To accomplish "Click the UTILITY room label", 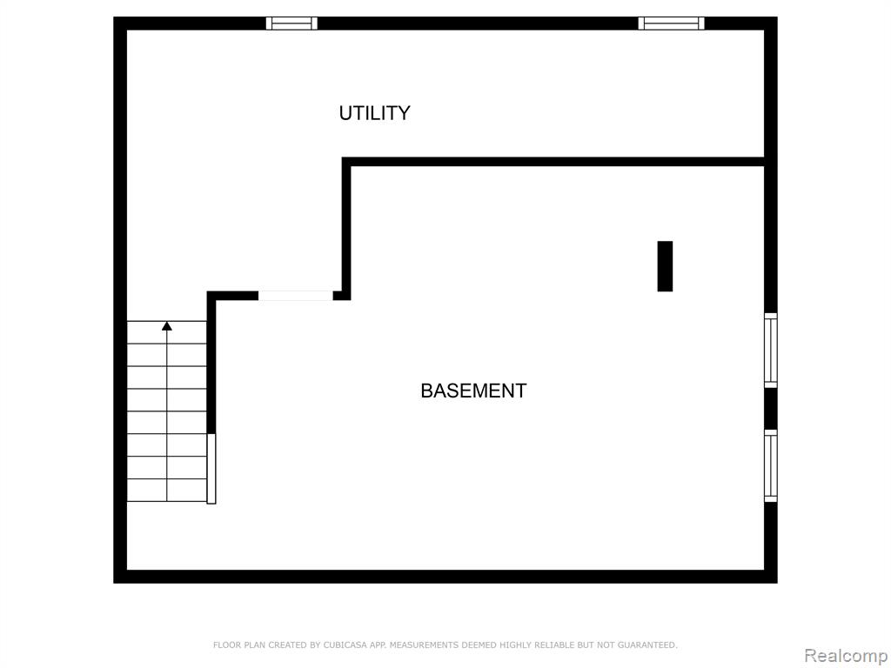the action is [374, 113].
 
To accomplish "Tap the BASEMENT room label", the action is [473, 391].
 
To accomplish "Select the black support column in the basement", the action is [665, 266].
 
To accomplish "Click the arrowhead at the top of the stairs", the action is [166, 326].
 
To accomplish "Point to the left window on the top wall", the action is [291, 23].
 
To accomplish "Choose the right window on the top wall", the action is [671, 23].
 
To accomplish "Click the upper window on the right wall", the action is [771, 351].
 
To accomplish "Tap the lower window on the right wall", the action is [771, 466].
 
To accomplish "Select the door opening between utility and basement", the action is [296, 296].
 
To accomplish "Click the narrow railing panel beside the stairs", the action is [211, 469].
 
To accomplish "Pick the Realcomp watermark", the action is [846, 656].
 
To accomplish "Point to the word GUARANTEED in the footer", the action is [646, 645].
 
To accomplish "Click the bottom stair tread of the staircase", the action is [166, 491].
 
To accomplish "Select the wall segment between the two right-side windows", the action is [771, 409].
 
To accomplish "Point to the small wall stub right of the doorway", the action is [341, 296].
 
